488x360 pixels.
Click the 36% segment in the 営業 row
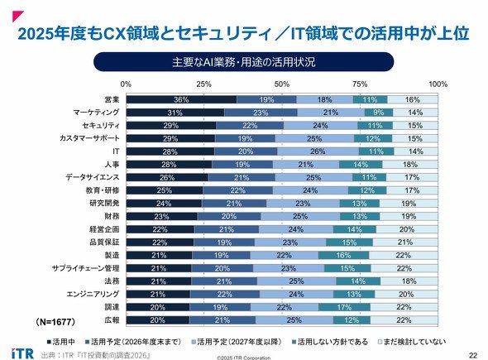[181, 99]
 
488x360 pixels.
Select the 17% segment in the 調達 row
[344, 307]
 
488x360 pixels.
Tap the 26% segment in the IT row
[318, 151]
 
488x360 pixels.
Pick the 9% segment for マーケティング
[379, 113]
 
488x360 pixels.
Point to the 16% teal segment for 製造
[343, 256]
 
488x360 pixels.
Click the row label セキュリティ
[101, 126]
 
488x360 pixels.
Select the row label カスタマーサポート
[89, 138]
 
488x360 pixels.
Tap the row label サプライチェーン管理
[85, 268]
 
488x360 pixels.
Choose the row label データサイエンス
[93, 177]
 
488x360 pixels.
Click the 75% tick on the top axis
[360, 84]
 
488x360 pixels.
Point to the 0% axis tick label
[126, 84]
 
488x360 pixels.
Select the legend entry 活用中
[60, 342]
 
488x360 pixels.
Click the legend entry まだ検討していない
[412, 342]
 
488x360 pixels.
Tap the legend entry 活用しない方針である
[330, 342]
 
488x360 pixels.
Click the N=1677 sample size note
[55, 322]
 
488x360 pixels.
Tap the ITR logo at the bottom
[22, 353]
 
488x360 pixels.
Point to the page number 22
[473, 355]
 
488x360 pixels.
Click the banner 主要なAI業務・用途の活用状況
[244, 62]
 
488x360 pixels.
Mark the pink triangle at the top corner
[17, 15]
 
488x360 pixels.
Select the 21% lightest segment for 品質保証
[405, 242]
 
